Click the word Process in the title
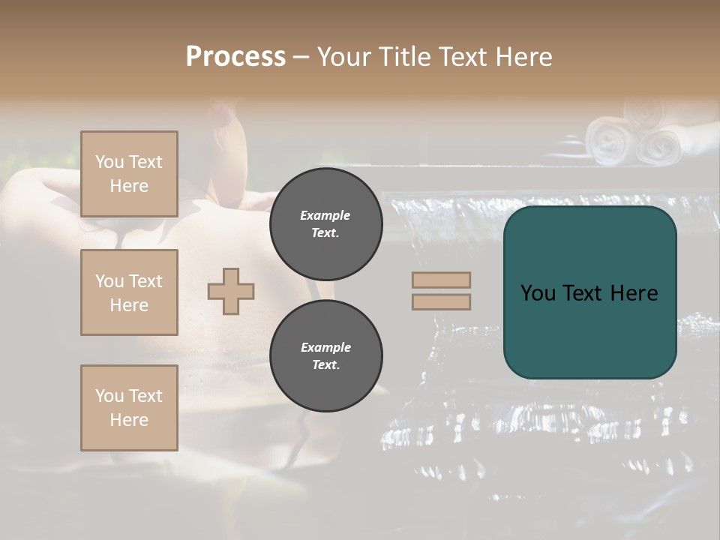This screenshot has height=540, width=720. [235, 57]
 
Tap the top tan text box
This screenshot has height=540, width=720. [129, 174]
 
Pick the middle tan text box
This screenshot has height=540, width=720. [129, 292]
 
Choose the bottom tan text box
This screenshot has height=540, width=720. [129, 408]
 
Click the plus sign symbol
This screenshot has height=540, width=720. [231, 291]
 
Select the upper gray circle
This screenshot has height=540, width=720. [325, 224]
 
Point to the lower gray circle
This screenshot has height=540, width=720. [325, 356]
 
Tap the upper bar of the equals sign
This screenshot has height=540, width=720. [442, 280]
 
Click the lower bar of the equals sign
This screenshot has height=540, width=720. [442, 301]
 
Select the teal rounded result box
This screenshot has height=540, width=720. [589, 292]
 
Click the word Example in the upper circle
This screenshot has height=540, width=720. [325, 215]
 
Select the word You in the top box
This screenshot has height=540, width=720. [109, 162]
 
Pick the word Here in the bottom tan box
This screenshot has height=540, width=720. [129, 420]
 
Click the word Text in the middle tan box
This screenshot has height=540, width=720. [145, 281]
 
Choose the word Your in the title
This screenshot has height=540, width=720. [343, 57]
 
